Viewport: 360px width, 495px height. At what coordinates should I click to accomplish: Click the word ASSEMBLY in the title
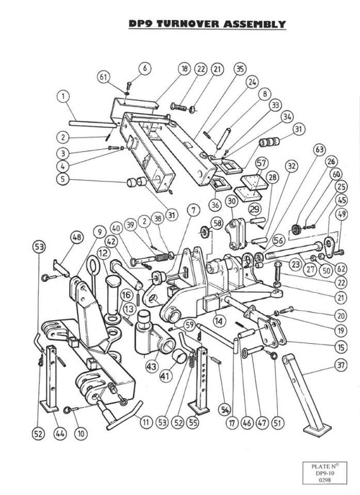pyautogui.click(x=254, y=24)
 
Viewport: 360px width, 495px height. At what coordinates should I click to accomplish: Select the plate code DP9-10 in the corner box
pyautogui.click(x=325, y=473)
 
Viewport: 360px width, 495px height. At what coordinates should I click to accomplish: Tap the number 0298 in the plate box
pyautogui.click(x=325, y=479)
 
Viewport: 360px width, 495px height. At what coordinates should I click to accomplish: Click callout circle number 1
pyautogui.click(x=63, y=96)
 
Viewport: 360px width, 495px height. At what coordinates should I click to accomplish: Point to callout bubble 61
pyautogui.click(x=104, y=77)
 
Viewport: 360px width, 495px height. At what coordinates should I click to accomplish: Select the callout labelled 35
pyautogui.click(x=240, y=69)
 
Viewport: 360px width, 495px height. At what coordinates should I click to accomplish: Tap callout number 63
pyautogui.click(x=320, y=150)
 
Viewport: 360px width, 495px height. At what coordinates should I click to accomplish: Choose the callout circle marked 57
pyautogui.click(x=261, y=163)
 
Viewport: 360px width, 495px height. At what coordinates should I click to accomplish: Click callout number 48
pyautogui.click(x=77, y=237)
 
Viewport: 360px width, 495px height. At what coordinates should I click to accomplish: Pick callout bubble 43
pyautogui.click(x=152, y=366)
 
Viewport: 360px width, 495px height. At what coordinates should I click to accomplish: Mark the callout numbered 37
pyautogui.click(x=341, y=365)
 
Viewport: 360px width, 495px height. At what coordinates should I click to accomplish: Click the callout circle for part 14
pyautogui.click(x=219, y=321)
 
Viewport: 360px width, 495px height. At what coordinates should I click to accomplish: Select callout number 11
pyautogui.click(x=146, y=422)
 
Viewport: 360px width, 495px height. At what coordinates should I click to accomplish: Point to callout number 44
pyautogui.click(x=59, y=433)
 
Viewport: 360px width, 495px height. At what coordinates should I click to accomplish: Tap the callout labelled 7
pyautogui.click(x=193, y=210)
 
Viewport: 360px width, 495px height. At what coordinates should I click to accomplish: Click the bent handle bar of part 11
pyautogui.click(x=125, y=417)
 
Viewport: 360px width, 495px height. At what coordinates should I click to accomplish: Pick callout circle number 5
pyautogui.click(x=63, y=178)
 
